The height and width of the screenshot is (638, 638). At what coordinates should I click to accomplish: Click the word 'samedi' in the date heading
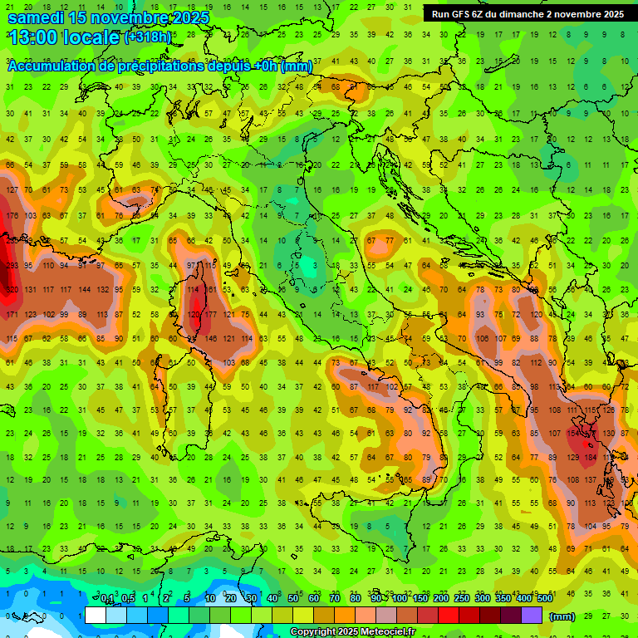click(x=38, y=17)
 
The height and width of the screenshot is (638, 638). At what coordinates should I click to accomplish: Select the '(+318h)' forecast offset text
click(x=148, y=37)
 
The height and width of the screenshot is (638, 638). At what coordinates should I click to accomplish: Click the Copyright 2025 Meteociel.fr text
click(x=352, y=632)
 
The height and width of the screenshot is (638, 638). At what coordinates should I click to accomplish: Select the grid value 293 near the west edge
click(x=10, y=266)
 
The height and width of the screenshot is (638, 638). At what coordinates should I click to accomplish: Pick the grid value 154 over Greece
click(x=573, y=434)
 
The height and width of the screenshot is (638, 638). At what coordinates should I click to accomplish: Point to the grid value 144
click(x=84, y=290)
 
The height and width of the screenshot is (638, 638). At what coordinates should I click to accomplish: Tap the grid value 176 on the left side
click(x=12, y=217)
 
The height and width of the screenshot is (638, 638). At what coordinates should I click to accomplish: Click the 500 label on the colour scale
click(x=544, y=599)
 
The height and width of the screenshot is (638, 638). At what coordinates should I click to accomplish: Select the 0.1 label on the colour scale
click(x=107, y=599)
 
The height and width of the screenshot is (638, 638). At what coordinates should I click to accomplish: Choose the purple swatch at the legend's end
click(x=532, y=615)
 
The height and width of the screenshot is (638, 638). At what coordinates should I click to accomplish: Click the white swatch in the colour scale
click(x=96, y=615)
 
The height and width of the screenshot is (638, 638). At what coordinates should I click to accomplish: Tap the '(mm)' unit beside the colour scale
click(x=562, y=616)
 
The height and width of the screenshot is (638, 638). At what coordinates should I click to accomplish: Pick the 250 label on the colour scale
click(x=461, y=599)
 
